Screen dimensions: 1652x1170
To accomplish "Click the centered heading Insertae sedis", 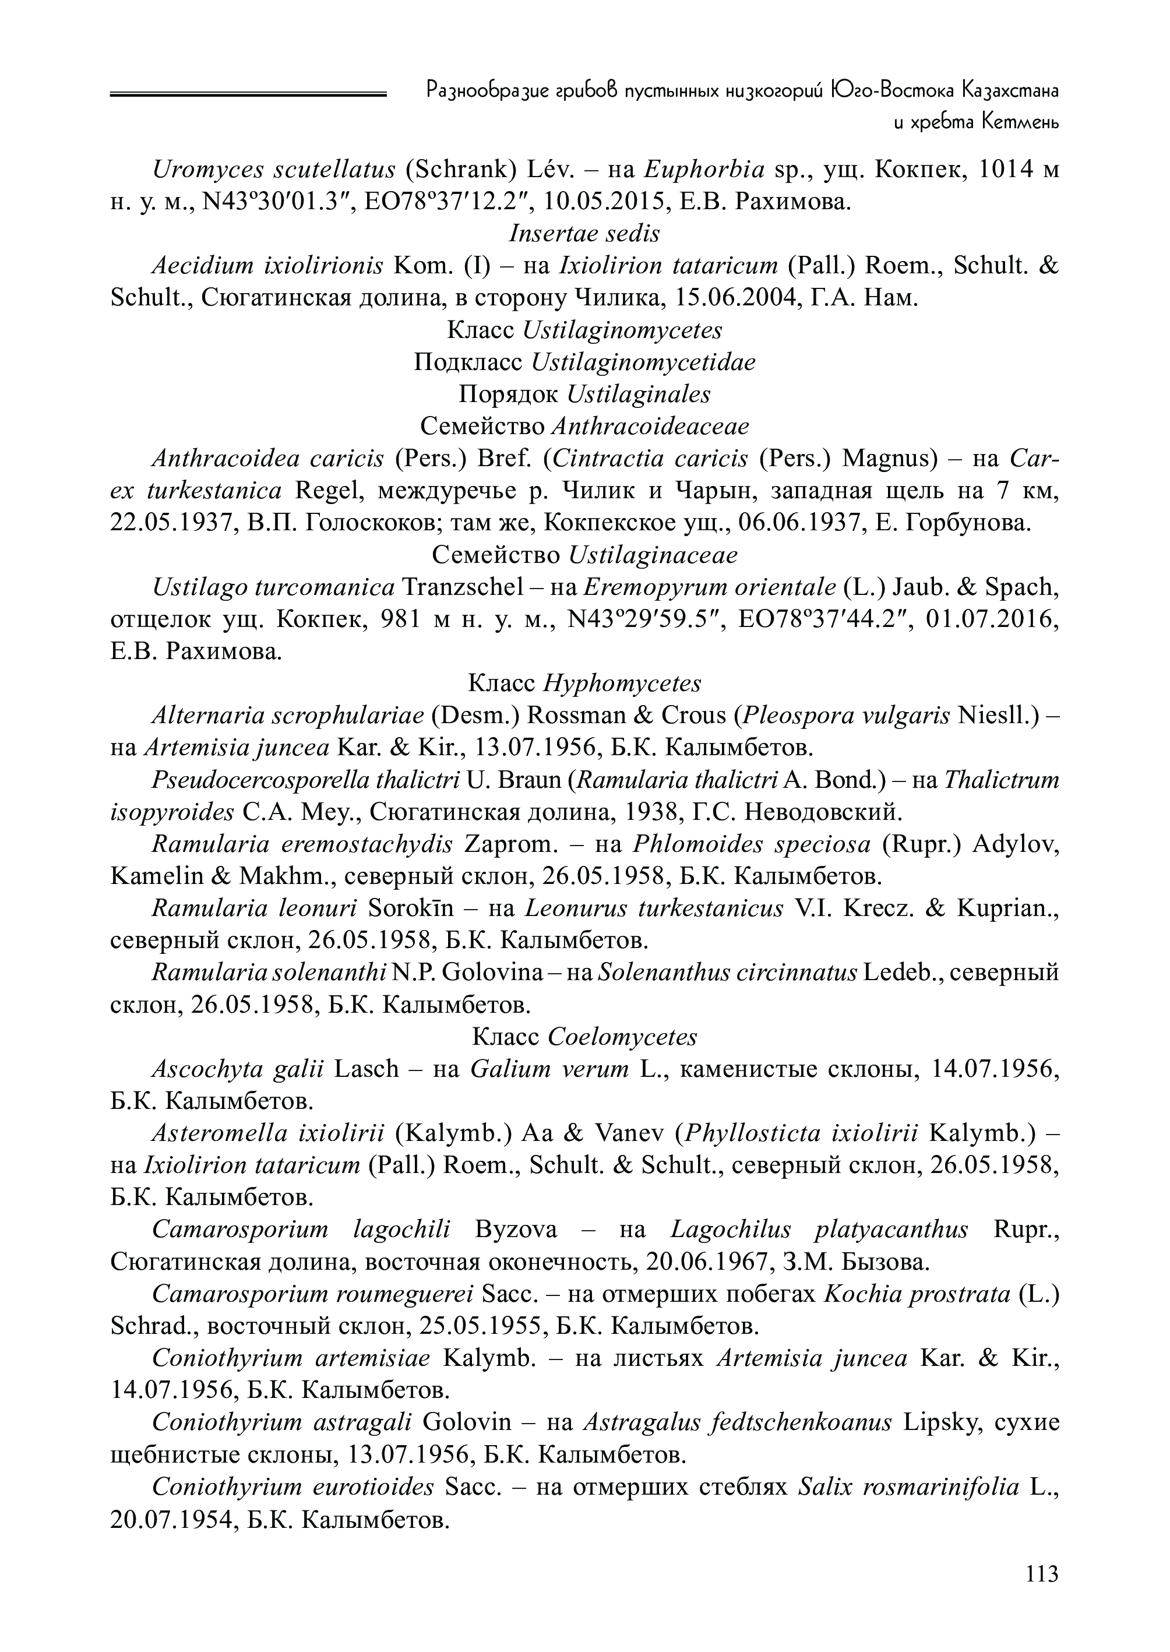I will coord(584,234).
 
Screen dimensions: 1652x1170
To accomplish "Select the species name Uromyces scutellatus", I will coord(274,170).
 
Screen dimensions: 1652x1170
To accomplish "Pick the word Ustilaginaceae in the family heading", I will coord(653,555).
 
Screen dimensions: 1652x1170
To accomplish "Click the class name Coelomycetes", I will coord(622,1037).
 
